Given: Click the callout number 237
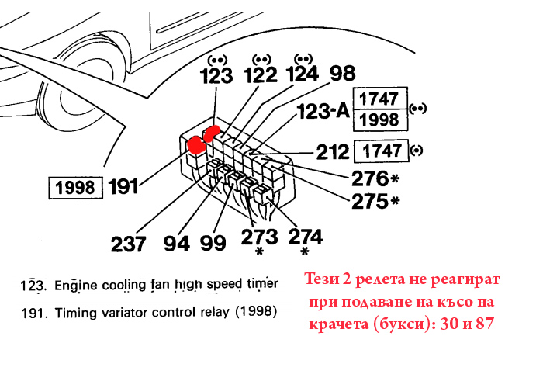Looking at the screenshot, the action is pos(129,244).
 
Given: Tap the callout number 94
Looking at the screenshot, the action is pos(177,243).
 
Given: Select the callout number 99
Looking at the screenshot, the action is pos(213,242).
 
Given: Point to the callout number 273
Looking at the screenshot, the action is pos(259,237).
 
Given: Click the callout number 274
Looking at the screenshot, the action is pos(306,237).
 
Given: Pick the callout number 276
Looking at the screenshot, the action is pos(370,178).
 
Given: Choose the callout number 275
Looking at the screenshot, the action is pos(370,201).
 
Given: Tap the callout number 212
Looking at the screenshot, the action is pos(333,152).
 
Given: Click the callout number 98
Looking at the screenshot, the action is pos(342,74).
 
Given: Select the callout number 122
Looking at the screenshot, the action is pos(261,75).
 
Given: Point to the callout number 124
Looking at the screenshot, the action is pos(303,74).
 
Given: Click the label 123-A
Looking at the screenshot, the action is pos(323,112).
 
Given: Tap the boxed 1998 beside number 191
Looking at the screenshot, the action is pos(75,188).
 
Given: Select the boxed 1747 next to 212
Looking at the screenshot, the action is pos(381,151).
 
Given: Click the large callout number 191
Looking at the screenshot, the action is pos(123,187).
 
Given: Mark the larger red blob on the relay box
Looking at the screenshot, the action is pos(196,144).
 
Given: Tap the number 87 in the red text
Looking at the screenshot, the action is pos(485,324).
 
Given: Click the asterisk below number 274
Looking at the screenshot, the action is pos(305,251).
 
